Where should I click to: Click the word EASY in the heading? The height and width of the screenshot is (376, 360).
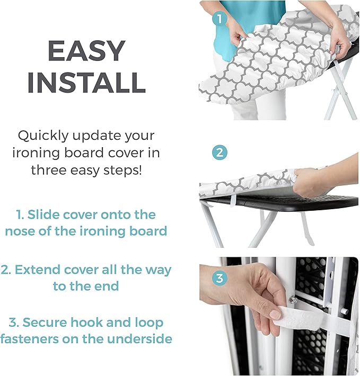coord(86,52)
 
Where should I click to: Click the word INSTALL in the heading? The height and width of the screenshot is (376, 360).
coord(86,83)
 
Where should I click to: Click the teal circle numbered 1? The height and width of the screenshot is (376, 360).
coord(219,19)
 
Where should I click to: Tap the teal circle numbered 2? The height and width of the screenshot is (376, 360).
coord(219,153)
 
